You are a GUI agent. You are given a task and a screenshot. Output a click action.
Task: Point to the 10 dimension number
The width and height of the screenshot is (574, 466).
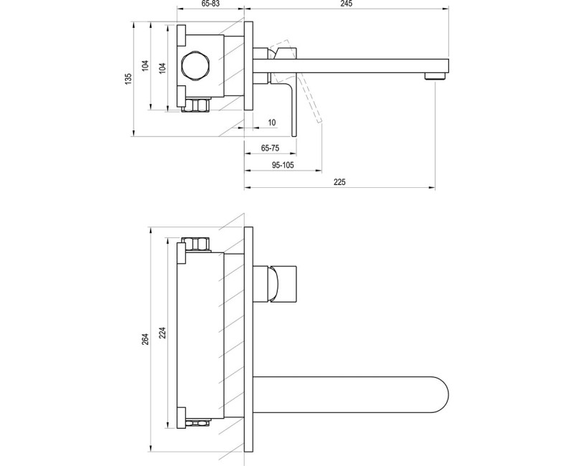point(272,123)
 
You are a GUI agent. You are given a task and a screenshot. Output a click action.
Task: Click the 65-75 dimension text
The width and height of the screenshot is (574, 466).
point(270,148)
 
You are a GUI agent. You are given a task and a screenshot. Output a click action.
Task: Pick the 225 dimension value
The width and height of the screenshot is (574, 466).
point(339,182)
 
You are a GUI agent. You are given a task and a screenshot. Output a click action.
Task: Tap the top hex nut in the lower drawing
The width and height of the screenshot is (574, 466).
point(198,244)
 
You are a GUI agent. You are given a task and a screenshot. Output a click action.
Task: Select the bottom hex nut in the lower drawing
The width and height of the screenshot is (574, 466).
point(198,423)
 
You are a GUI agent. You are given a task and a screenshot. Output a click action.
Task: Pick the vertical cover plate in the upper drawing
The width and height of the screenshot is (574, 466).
point(249,66)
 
